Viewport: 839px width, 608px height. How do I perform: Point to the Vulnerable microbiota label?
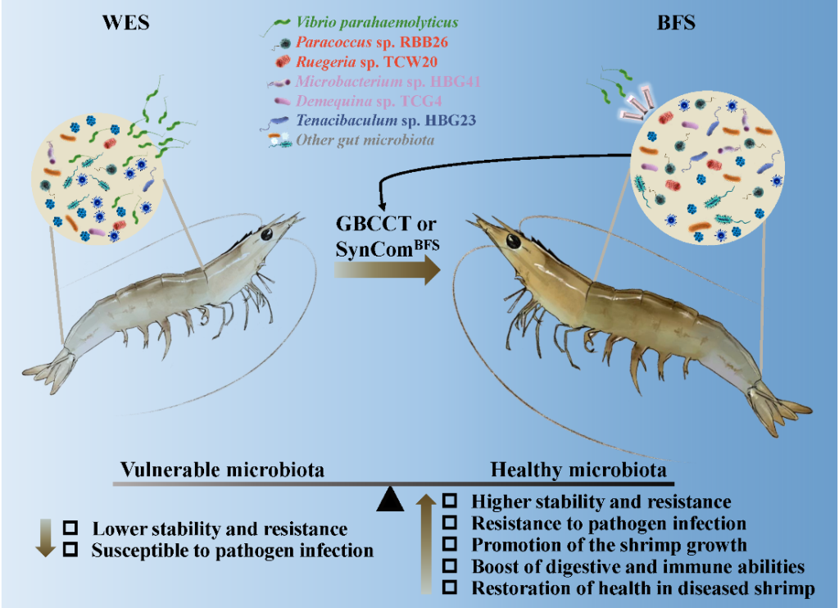point(222,470)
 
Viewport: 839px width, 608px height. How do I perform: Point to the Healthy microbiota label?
point(578,470)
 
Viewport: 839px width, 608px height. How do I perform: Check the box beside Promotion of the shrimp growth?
point(450,544)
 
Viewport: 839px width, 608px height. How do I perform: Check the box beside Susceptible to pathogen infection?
point(71,550)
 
